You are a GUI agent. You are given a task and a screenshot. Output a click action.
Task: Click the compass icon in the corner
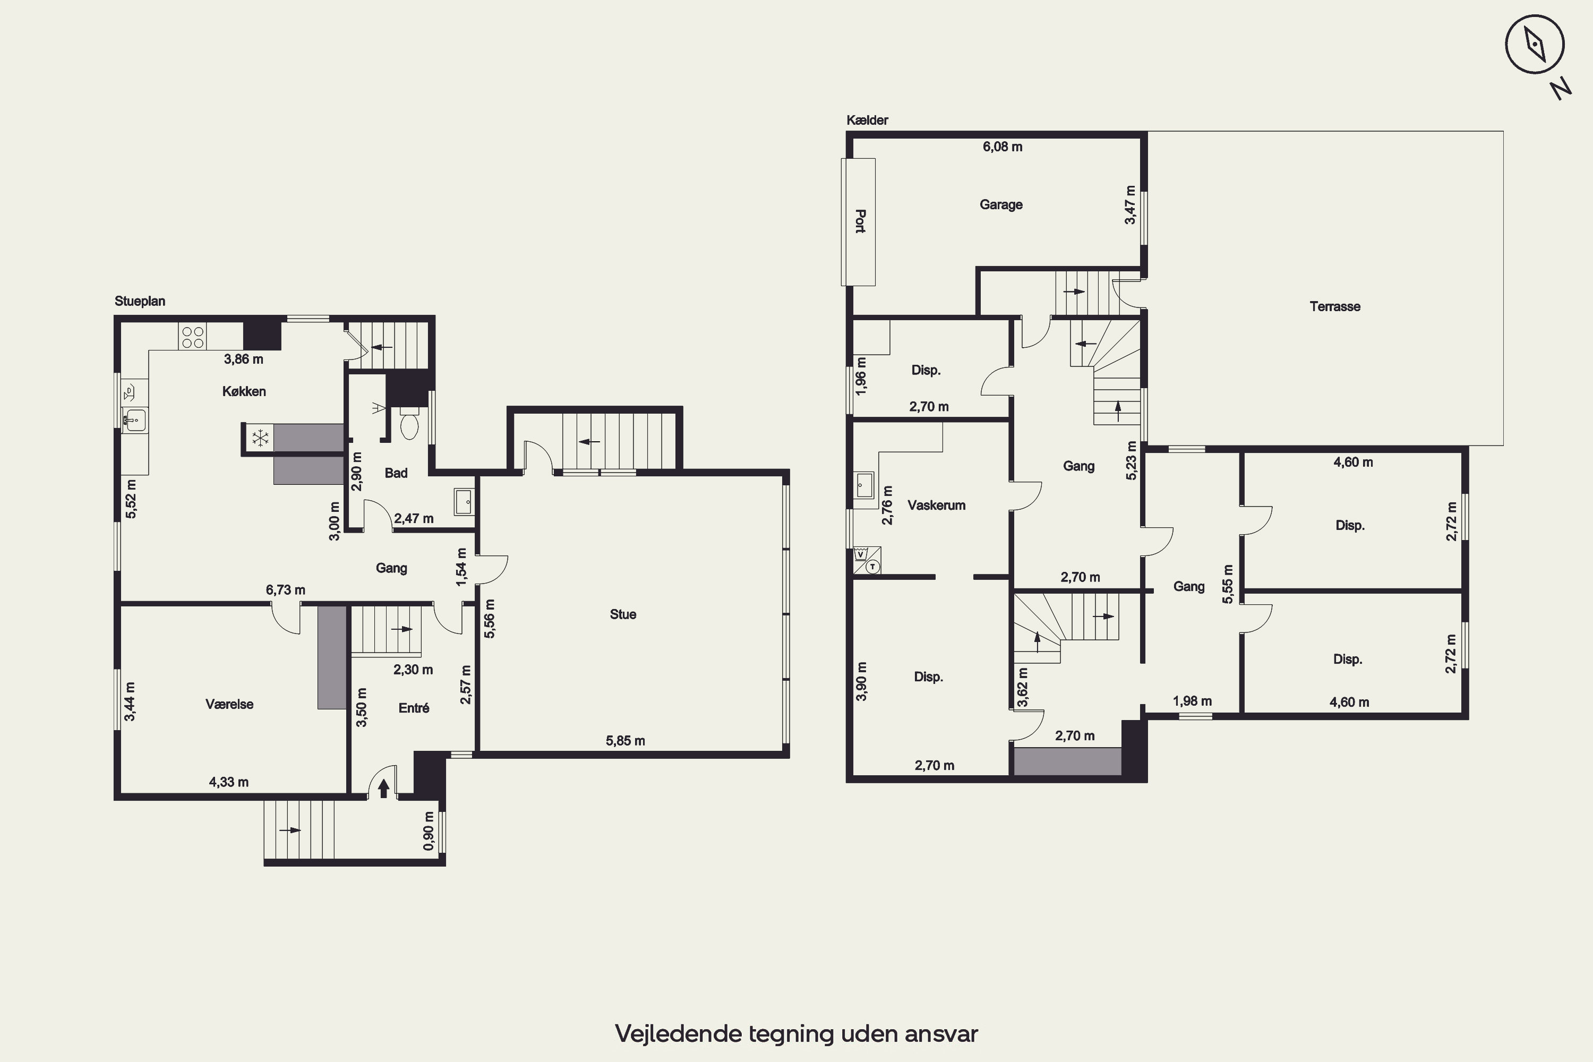(1535, 44)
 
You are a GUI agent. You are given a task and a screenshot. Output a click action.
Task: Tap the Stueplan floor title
(140, 302)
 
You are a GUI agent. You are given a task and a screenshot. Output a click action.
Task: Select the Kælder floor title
(867, 120)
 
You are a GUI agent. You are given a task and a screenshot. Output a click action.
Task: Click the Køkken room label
(244, 391)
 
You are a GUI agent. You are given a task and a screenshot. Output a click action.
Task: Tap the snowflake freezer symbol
(261, 438)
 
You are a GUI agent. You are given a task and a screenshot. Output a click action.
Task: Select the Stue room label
(623, 614)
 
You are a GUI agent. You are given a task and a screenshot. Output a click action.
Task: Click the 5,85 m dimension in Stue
(625, 741)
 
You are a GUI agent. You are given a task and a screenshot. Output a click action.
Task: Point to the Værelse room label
(229, 705)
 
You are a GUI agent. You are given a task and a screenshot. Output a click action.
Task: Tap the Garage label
(1001, 204)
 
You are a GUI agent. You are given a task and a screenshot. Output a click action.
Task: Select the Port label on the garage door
(860, 221)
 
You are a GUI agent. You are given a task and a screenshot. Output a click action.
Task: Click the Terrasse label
(1335, 307)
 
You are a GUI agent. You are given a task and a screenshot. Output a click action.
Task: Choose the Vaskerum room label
(937, 506)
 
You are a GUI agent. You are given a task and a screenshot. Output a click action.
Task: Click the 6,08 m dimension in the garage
(1003, 147)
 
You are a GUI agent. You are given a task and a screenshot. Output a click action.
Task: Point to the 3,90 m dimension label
(861, 681)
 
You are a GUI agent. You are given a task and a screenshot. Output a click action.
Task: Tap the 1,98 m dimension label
(1192, 701)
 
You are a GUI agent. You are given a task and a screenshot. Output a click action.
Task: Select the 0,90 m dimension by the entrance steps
(429, 831)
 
